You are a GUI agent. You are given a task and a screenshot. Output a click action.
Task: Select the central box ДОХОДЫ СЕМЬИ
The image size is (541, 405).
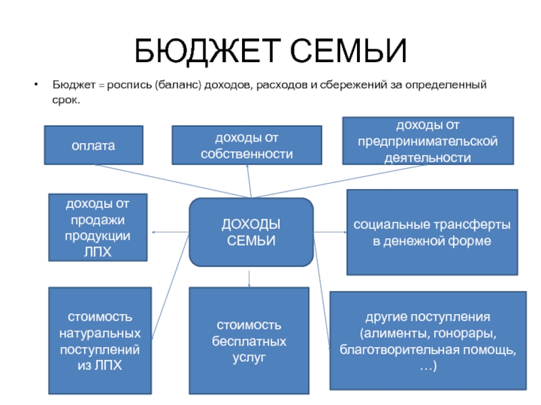coord(251,232)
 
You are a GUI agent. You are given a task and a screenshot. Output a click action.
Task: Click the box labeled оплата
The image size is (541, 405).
coord(93,145)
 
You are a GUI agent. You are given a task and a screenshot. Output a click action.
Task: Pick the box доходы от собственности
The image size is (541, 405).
coord(246,145)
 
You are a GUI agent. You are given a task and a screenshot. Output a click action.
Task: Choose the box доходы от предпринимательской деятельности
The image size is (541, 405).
coord(427,141)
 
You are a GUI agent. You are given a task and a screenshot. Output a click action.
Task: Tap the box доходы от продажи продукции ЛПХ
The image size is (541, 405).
coord(97,227)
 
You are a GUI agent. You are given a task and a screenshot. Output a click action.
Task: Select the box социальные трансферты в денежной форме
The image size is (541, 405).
coord(432,232)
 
